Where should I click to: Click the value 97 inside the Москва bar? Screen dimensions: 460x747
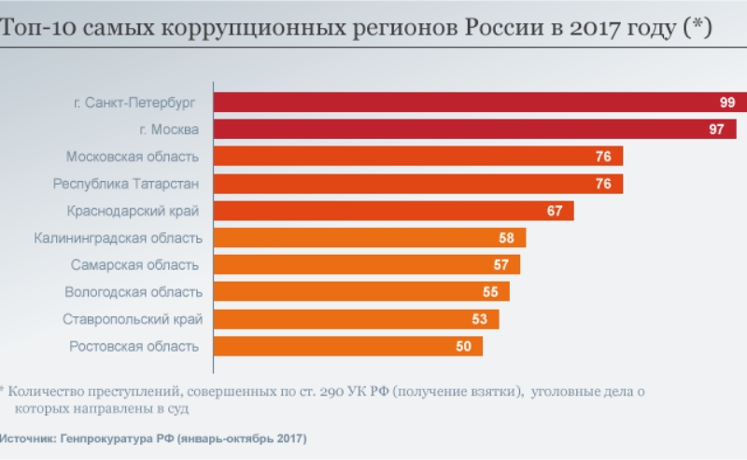click(716, 130)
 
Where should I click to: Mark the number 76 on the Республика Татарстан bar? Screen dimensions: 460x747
click(603, 184)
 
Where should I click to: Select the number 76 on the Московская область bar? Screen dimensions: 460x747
click(603, 157)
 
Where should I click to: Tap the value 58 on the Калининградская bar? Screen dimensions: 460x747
click(506, 238)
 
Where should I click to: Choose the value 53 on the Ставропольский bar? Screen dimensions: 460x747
click(480, 319)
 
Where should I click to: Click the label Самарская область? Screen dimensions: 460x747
click(134, 265)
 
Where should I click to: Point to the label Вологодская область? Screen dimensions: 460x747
click(133, 292)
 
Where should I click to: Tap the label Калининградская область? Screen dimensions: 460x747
click(118, 238)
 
